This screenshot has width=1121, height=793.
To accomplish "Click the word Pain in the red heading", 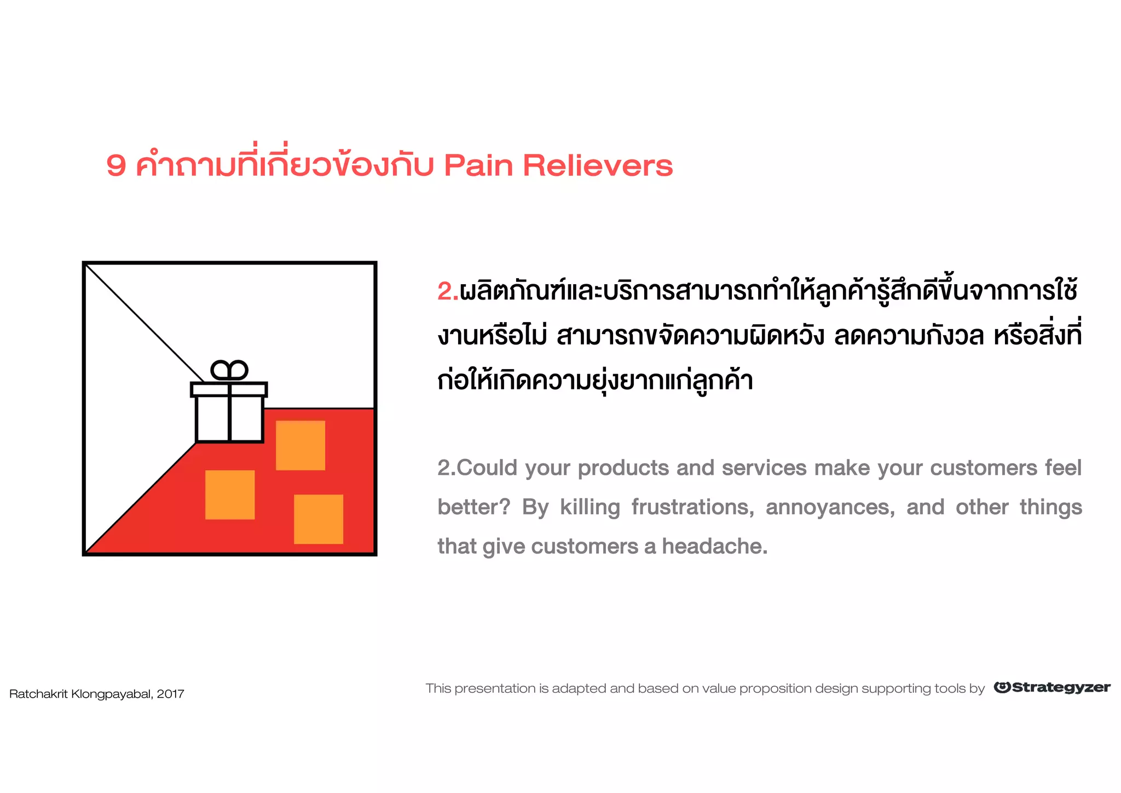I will click(477, 165).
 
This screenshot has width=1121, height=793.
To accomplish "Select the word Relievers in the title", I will click(598, 165).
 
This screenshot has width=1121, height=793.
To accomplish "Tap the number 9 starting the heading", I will click(116, 165).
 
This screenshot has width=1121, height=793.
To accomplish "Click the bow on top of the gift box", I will click(229, 371).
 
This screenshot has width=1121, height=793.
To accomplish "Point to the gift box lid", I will click(229, 389).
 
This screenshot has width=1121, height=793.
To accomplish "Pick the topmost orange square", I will click(301, 445).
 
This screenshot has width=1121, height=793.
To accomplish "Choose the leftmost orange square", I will click(230, 495).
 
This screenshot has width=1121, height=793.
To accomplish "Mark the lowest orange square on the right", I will click(319, 519).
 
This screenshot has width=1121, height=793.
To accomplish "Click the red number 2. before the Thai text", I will click(448, 291).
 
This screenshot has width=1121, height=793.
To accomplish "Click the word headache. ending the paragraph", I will click(714, 546).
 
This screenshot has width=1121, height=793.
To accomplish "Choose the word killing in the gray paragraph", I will click(590, 507).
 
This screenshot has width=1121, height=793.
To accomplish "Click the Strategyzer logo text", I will click(1061, 688).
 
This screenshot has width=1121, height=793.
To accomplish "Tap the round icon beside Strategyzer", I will click(1002, 687).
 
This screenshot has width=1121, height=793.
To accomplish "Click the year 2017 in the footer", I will click(170, 694).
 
